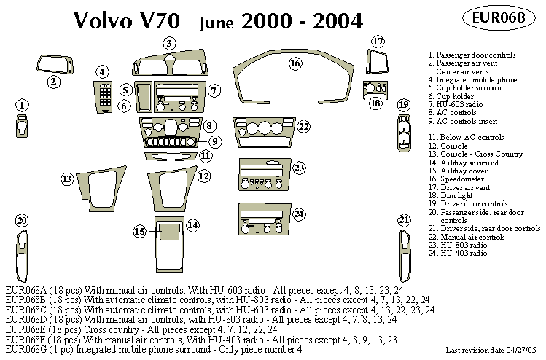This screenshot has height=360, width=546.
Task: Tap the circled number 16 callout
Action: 295,63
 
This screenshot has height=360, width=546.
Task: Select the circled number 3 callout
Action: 169,43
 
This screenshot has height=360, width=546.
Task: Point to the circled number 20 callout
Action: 22,221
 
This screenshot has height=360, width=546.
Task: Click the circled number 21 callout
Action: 404,220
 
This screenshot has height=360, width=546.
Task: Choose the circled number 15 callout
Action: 139,232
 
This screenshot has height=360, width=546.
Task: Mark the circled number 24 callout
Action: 299,214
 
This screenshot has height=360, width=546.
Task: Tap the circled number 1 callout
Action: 22,106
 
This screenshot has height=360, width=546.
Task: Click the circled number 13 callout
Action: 68,179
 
